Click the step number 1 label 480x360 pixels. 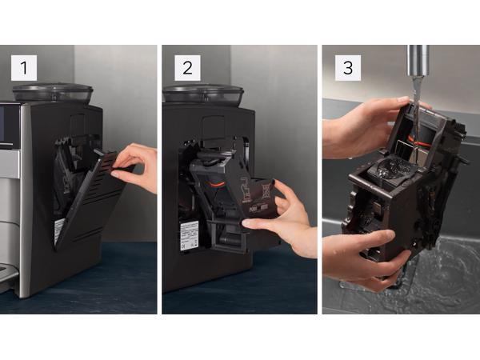[x=24, y=68]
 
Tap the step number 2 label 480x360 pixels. [x=187, y=68]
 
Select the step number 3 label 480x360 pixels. [x=346, y=68]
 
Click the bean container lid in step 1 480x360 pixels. [x=53, y=92]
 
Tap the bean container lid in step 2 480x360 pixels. [x=204, y=92]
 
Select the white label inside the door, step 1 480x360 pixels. [x=59, y=231]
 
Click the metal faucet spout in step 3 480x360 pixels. [x=416, y=60]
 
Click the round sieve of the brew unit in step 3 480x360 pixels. [x=392, y=170]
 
